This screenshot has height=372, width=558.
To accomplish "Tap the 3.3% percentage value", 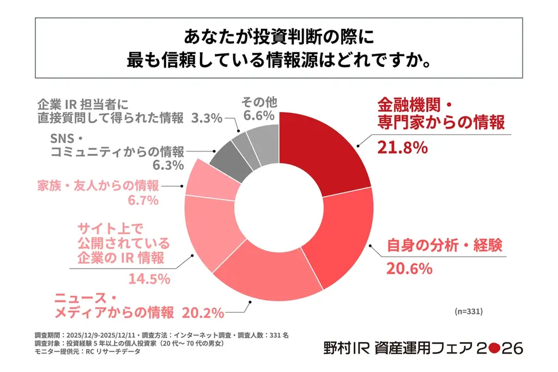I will click(207, 118).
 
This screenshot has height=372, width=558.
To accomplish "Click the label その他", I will click(259, 102).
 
